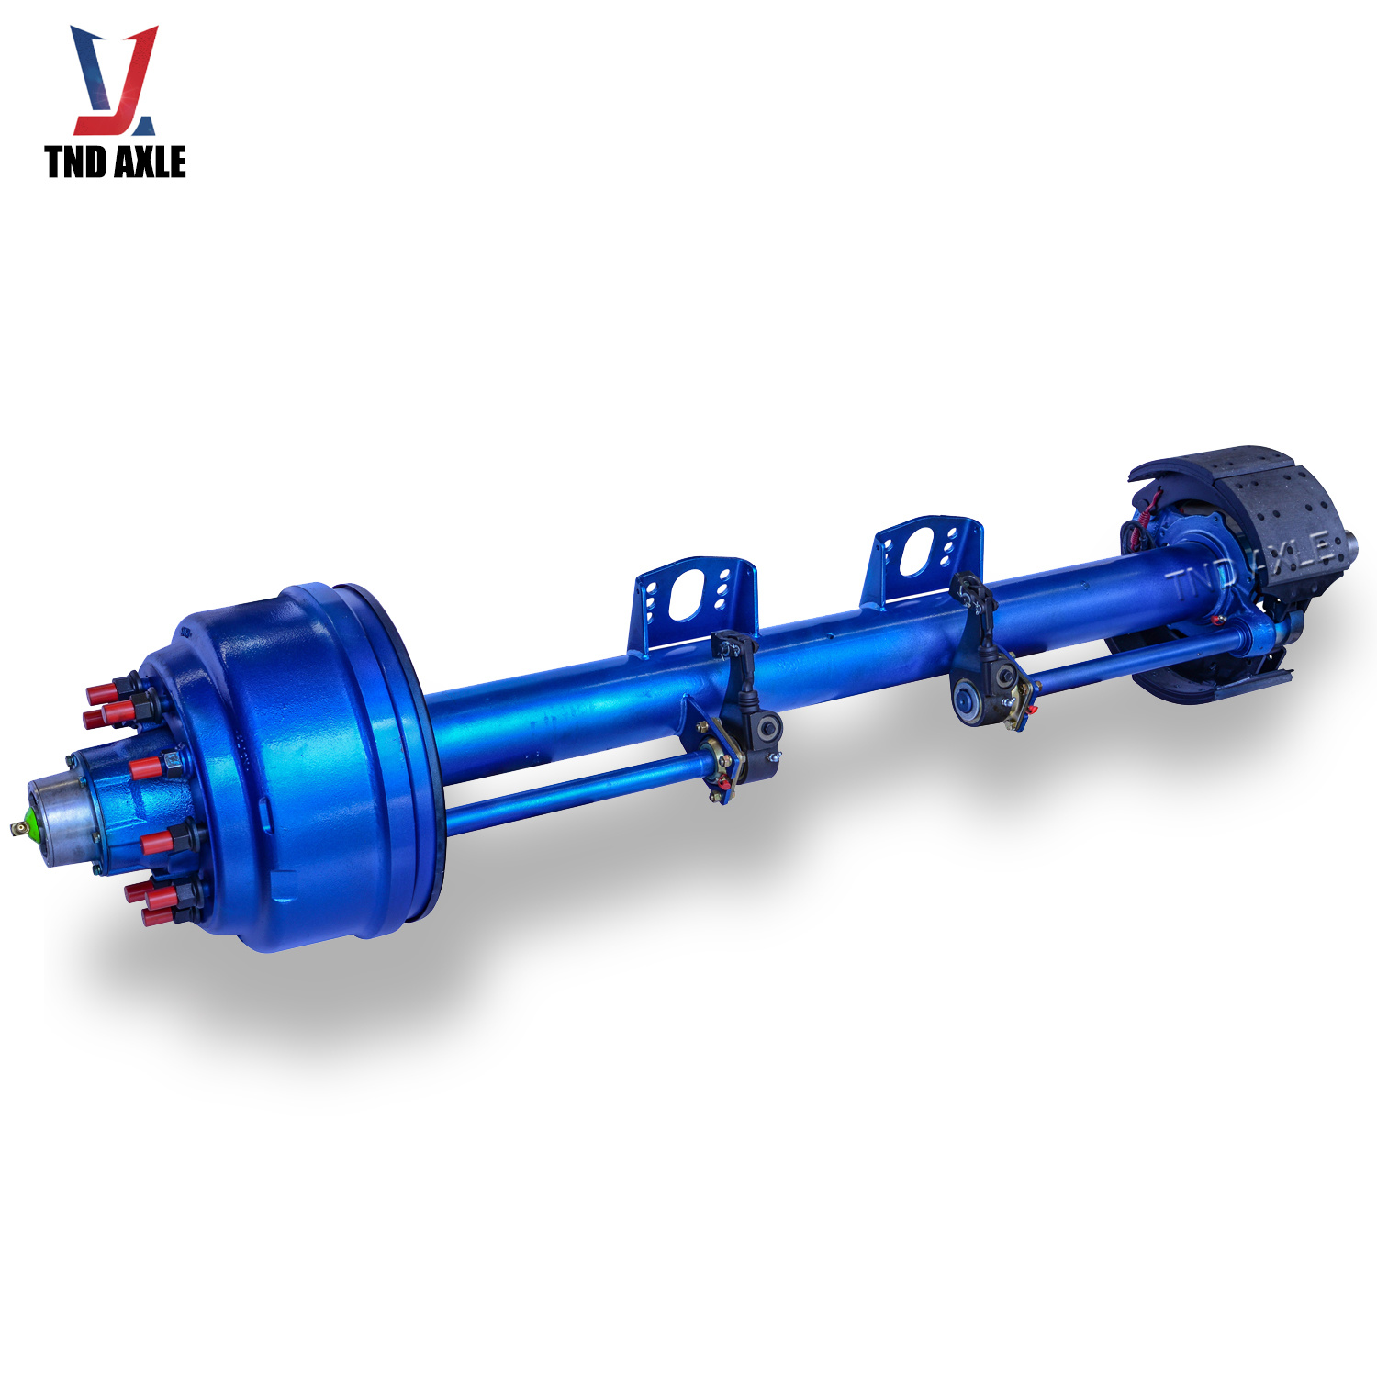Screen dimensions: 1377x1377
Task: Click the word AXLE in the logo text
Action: point(150,162)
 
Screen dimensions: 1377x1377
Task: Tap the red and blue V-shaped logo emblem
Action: point(115,80)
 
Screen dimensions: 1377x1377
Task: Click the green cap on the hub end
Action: point(32,821)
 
